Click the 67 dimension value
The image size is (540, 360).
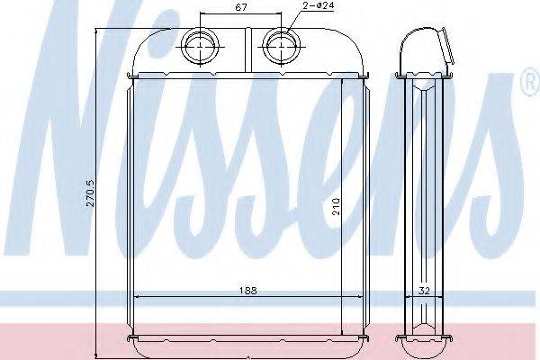pos(241,7)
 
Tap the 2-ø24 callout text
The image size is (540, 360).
pos(319,6)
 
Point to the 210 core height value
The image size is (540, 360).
pos(336,206)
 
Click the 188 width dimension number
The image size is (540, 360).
pos(248,291)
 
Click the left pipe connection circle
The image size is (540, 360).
pos(201,46)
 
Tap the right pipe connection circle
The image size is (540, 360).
pos(282,46)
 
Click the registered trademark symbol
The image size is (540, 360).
pos(532,82)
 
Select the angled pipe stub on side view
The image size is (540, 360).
pos(446,47)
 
